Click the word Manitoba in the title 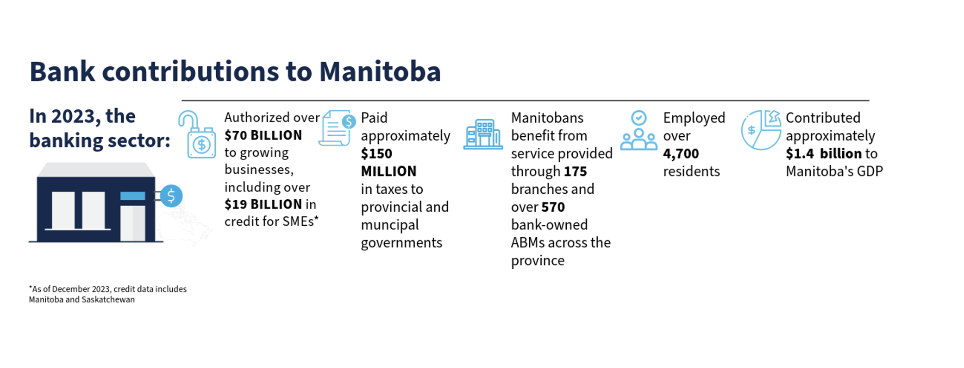pos(380,72)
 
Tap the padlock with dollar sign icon pos(198,134)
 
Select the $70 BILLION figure pos(263,135)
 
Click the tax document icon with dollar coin pos(337,128)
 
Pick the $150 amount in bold pos(376,153)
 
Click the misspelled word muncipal pos(390,225)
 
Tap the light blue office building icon pos(483,134)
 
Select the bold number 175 pos(576,171)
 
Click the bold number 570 pos(553,207)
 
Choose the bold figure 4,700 pos(681,154)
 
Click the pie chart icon pos(761,130)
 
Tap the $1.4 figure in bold pos(800,153)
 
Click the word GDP pos(870,171)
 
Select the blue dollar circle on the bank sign pos(171,196)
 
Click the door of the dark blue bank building pos(133,223)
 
